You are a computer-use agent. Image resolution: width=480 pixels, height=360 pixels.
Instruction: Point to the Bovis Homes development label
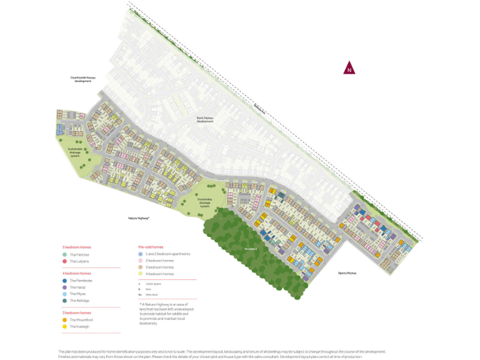205,119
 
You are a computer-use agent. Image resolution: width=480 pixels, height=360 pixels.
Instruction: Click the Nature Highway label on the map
139,217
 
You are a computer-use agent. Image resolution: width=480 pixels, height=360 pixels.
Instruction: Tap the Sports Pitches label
347,273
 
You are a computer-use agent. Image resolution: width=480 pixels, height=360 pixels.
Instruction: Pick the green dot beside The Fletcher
64,255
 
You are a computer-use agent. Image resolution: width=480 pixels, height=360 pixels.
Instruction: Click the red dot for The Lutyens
64,261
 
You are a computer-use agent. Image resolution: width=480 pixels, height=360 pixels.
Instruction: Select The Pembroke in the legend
81,281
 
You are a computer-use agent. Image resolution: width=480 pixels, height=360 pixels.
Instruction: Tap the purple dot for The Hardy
64,287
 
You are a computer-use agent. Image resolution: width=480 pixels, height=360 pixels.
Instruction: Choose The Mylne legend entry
77,294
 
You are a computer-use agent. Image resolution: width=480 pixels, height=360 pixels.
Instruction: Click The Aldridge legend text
79,301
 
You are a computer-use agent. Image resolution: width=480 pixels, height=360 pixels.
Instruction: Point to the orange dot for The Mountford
64,319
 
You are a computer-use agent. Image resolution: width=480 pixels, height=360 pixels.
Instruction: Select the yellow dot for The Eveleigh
64,326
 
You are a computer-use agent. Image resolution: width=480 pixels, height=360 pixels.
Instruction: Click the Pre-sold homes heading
150,247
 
